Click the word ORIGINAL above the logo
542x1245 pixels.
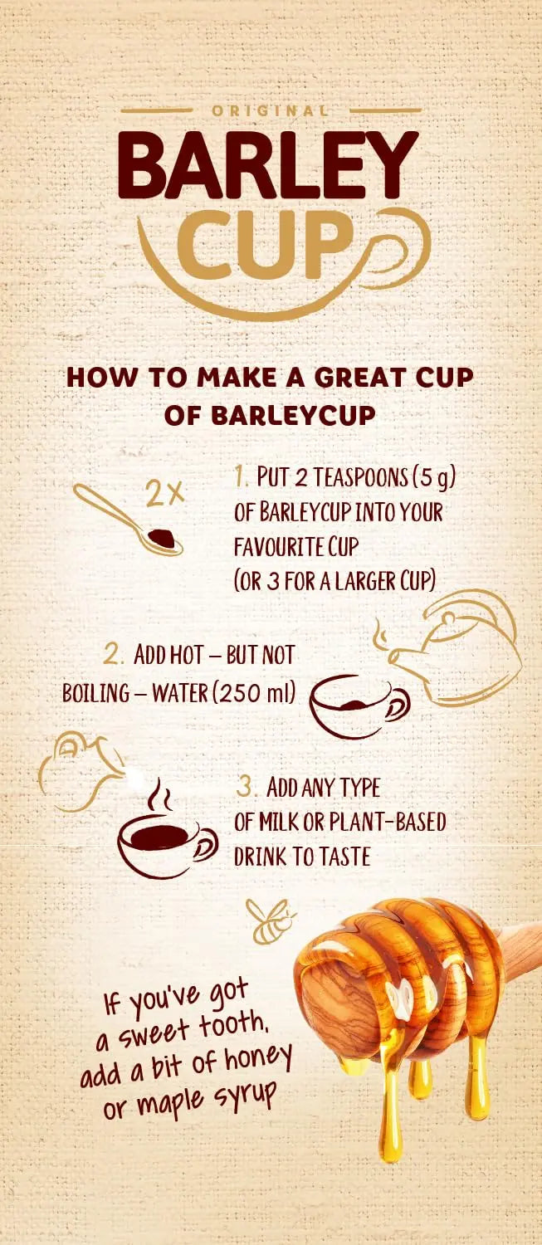(x=271, y=110)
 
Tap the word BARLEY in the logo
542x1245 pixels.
(x=268, y=165)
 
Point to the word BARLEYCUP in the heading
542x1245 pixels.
(x=294, y=415)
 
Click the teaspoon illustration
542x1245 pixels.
(x=128, y=520)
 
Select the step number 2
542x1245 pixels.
(x=112, y=656)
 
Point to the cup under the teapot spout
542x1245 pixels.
(x=359, y=706)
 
